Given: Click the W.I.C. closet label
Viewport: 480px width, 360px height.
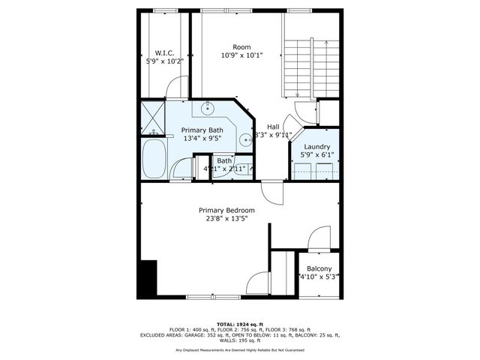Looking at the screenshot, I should click(164, 52).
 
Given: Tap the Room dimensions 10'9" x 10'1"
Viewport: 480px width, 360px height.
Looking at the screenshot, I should click(241, 55).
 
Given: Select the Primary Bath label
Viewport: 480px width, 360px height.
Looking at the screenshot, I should click(202, 130).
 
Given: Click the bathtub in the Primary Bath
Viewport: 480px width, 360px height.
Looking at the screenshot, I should click(155, 160).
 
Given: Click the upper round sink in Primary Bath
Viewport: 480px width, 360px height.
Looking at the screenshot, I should click(208, 109).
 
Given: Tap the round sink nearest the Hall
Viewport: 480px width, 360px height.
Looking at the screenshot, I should click(244, 139).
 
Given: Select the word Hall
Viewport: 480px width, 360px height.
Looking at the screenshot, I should click(273, 127).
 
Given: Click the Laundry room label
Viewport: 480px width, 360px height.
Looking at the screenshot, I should click(316, 146).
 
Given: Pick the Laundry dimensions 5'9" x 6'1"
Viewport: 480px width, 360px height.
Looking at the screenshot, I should click(316, 154).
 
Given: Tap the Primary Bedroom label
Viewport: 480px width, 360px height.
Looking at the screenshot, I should click(226, 210).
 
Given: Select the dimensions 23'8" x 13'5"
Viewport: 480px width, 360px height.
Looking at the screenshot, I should click(226, 218).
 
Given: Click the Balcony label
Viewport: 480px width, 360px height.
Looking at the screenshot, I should click(319, 268).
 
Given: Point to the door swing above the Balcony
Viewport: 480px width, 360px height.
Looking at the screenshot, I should click(319, 240).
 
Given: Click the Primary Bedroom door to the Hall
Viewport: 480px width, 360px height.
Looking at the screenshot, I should click(276, 193).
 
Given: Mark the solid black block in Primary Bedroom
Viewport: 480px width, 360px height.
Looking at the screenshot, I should click(148, 279).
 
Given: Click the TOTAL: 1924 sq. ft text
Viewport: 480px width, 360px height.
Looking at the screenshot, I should click(240, 322).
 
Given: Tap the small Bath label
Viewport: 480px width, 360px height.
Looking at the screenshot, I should click(224, 160).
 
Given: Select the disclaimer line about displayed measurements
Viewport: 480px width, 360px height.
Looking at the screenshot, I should click(240, 349).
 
